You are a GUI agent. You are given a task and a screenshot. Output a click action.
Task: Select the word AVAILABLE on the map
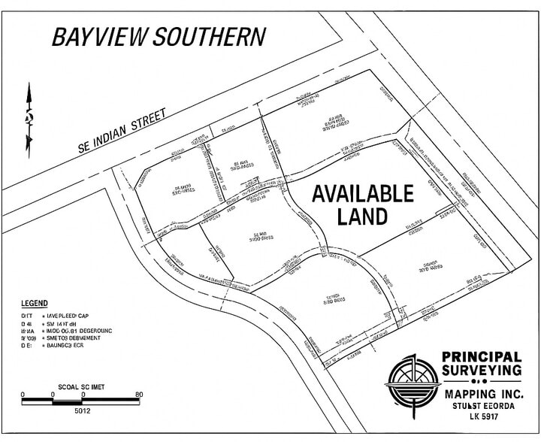pyautogui.click(x=362, y=194)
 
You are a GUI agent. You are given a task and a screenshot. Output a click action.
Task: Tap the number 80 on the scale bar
pyautogui.click(x=138, y=393)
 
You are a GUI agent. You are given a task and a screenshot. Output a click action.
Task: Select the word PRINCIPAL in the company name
pyautogui.click(x=482, y=356)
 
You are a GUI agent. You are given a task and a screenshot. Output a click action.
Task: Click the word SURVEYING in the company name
pyautogui.click(x=481, y=371)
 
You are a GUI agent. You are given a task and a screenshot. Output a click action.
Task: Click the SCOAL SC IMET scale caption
pyautogui.click(x=80, y=386)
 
